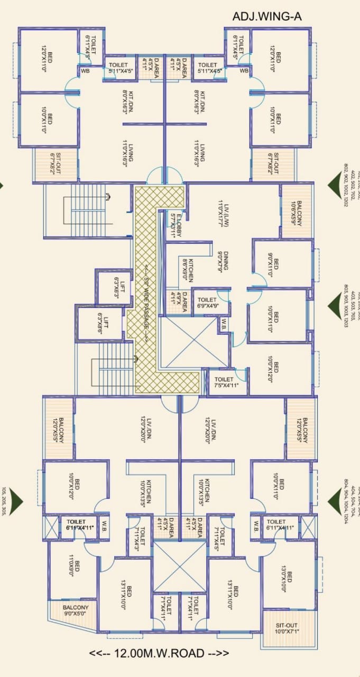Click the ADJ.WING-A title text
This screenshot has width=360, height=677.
[x=267, y=17]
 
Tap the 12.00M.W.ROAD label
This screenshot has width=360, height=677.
[x=159, y=653]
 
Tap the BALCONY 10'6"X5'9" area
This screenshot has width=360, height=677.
[x=296, y=204]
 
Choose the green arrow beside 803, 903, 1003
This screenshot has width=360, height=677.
[x=337, y=305]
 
